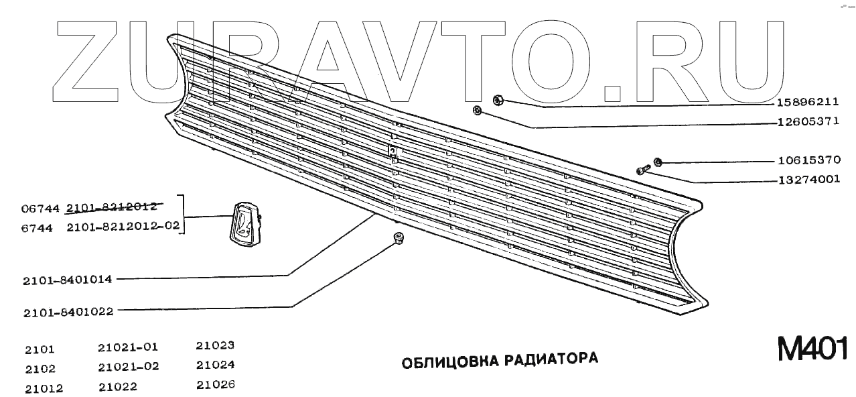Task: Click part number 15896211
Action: coord(808,103)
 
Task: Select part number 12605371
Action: coord(808,122)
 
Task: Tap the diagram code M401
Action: coord(812,349)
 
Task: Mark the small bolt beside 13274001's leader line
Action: coord(642,170)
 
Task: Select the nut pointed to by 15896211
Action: coord(498,101)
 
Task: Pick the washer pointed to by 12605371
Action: coord(477,110)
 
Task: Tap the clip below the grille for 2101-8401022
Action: coord(398,237)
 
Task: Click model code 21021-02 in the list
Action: coord(129,367)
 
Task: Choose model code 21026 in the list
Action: coord(215,385)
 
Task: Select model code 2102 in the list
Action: coord(40,369)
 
